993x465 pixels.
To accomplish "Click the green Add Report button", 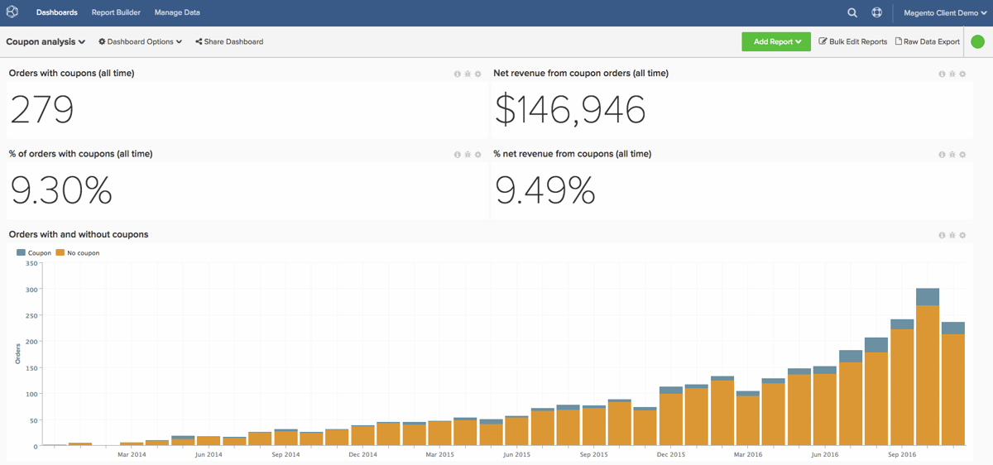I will tap(775, 41).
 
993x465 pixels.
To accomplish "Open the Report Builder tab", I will tap(116, 12).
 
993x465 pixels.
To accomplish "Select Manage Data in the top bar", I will tap(177, 12).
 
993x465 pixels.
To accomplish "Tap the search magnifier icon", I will tap(852, 12).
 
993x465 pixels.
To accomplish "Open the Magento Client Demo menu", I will tap(945, 13).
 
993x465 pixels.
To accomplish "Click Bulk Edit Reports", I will tap(853, 41).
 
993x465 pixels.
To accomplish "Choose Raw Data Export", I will tap(928, 41).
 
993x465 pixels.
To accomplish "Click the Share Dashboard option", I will tap(229, 41).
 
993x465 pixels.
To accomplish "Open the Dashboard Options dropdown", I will tap(141, 41).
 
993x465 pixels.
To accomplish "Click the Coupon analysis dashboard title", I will tap(46, 41).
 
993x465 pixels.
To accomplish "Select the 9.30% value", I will tap(61, 190).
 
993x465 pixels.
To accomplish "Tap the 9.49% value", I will tap(545, 190).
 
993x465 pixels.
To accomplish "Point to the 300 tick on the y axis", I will tap(32, 290).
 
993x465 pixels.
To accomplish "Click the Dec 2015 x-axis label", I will tap(670, 454).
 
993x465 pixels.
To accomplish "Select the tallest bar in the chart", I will tap(927, 372).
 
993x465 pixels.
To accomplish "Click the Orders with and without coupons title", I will tap(79, 234).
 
